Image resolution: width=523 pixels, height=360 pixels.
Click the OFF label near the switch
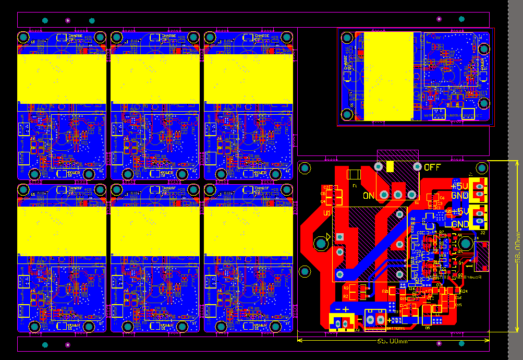(x=432, y=167)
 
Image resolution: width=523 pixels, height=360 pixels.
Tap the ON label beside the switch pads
(x=369, y=196)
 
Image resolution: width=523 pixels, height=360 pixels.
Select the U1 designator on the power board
(x=327, y=213)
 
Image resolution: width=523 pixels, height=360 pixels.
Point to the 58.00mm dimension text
(x=517, y=247)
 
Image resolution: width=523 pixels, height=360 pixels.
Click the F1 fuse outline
(x=354, y=174)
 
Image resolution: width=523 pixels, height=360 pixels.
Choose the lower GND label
(x=460, y=224)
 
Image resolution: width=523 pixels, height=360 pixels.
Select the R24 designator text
(x=464, y=291)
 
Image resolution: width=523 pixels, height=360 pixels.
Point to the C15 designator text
(x=458, y=305)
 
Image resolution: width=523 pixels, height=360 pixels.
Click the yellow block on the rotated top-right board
(x=388, y=76)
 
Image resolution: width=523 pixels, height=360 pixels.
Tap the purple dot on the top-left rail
(x=67, y=20)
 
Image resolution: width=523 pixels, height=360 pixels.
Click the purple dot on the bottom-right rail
(x=439, y=344)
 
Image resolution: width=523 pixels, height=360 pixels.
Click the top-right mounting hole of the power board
(x=480, y=169)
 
